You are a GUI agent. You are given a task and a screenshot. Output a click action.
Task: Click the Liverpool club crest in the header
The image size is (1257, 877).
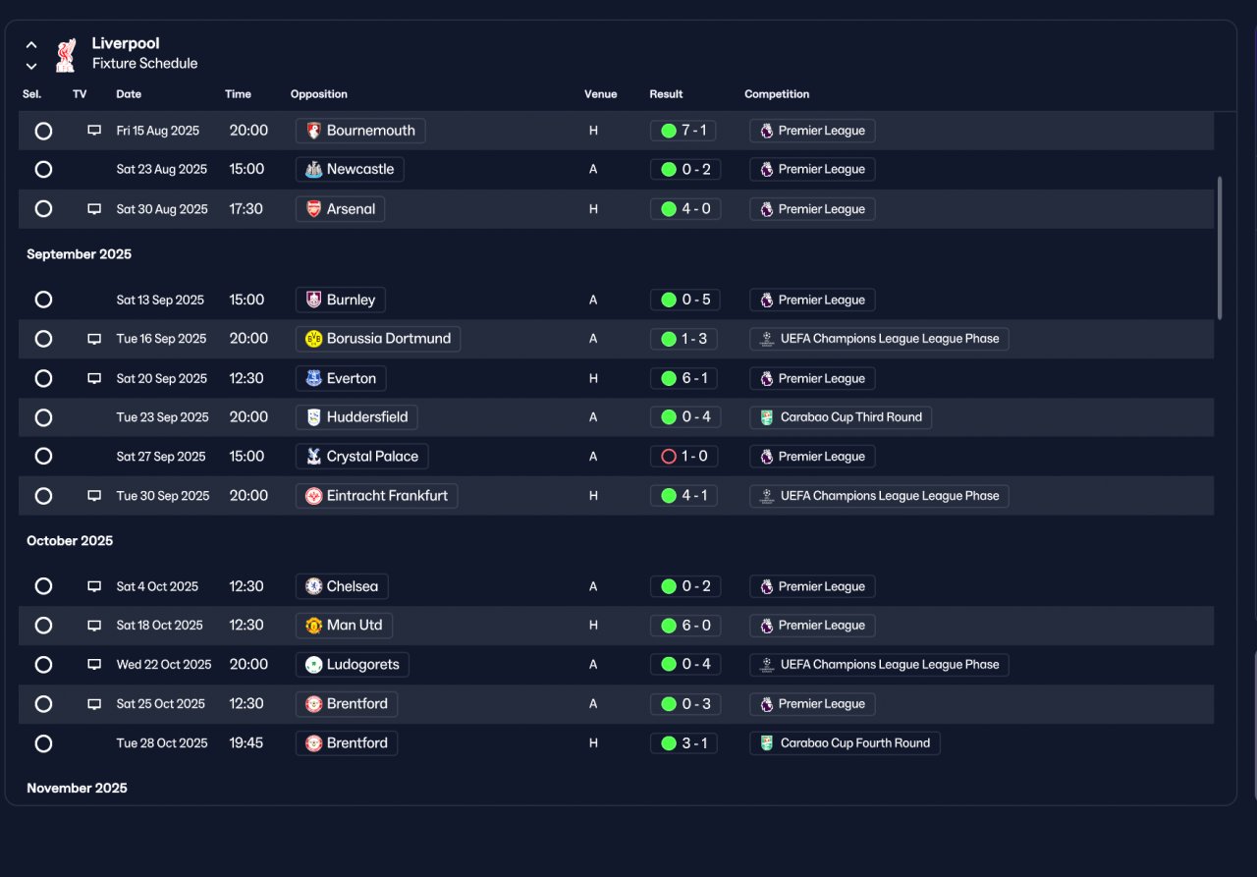[x=66, y=55]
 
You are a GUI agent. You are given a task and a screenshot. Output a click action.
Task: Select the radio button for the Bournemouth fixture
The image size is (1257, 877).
[x=43, y=131]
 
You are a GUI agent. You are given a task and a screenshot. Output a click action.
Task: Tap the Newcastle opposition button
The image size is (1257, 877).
[x=350, y=170]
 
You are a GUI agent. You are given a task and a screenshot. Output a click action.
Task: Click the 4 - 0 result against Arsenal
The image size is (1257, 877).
[x=685, y=209]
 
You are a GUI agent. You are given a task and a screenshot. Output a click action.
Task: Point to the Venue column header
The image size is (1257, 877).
[x=600, y=94]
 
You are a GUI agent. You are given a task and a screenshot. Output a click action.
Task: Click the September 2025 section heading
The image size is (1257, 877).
[x=80, y=254]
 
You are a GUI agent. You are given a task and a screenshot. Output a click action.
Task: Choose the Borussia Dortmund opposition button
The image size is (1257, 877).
[x=378, y=339]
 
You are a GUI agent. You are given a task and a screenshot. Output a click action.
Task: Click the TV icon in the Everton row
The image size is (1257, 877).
[x=94, y=379]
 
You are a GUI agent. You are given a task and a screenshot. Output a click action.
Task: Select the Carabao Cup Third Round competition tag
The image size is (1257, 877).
[x=841, y=417]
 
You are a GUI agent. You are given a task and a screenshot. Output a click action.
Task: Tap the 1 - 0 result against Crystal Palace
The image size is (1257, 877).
[x=684, y=457]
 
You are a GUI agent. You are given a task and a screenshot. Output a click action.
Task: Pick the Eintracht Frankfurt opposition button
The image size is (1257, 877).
[x=376, y=496]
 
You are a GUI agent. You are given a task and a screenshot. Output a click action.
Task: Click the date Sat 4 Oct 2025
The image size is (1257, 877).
[x=157, y=587]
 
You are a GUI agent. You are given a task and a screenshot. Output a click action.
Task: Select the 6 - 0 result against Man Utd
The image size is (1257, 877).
[x=685, y=626]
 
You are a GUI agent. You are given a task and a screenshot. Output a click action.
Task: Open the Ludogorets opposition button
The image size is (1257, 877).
[x=353, y=665]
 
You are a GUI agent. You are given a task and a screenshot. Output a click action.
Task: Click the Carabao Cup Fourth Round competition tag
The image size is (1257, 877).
[x=845, y=743]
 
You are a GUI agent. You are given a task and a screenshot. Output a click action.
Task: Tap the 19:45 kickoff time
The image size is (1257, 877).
[x=246, y=743]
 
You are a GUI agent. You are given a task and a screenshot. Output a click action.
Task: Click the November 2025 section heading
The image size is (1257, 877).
[x=77, y=789]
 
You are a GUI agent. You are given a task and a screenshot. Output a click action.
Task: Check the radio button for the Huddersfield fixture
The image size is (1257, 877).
[x=43, y=418]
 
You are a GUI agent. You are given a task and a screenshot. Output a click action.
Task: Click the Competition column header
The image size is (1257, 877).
[x=777, y=94]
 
